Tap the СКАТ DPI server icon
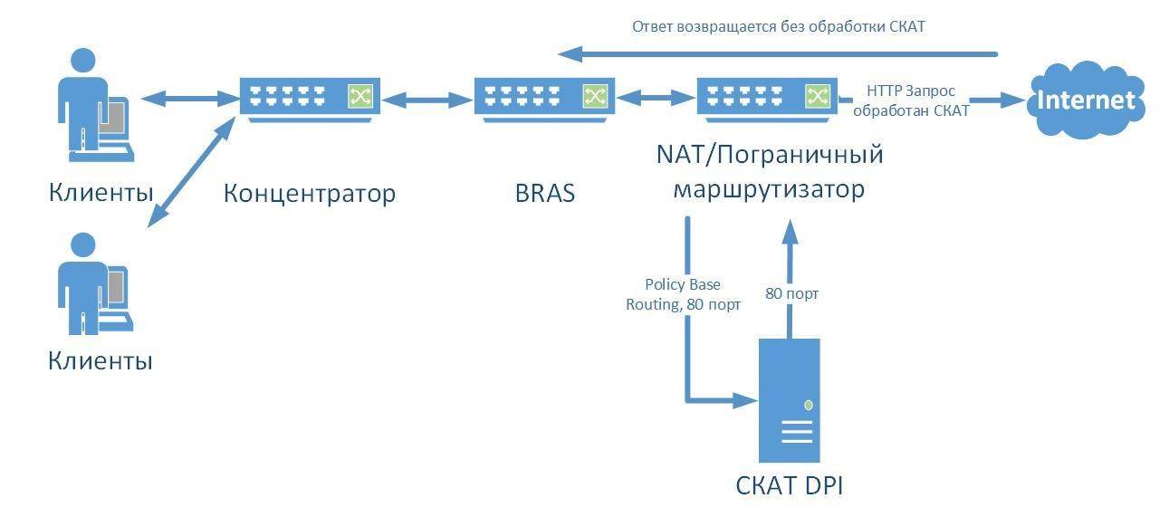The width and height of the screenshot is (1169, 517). point(789,399)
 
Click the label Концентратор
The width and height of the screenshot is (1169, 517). point(310,194)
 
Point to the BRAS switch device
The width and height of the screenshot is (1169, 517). point(544,96)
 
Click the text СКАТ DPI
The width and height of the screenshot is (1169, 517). point(789,485)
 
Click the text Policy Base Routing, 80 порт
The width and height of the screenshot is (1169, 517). point(683,294)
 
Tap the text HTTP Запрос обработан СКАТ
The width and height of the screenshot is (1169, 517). point(910,101)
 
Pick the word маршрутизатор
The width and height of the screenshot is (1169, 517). point(767,189)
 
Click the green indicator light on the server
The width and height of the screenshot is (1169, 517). point(808,405)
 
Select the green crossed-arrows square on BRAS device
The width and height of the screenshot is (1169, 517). point(595,95)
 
